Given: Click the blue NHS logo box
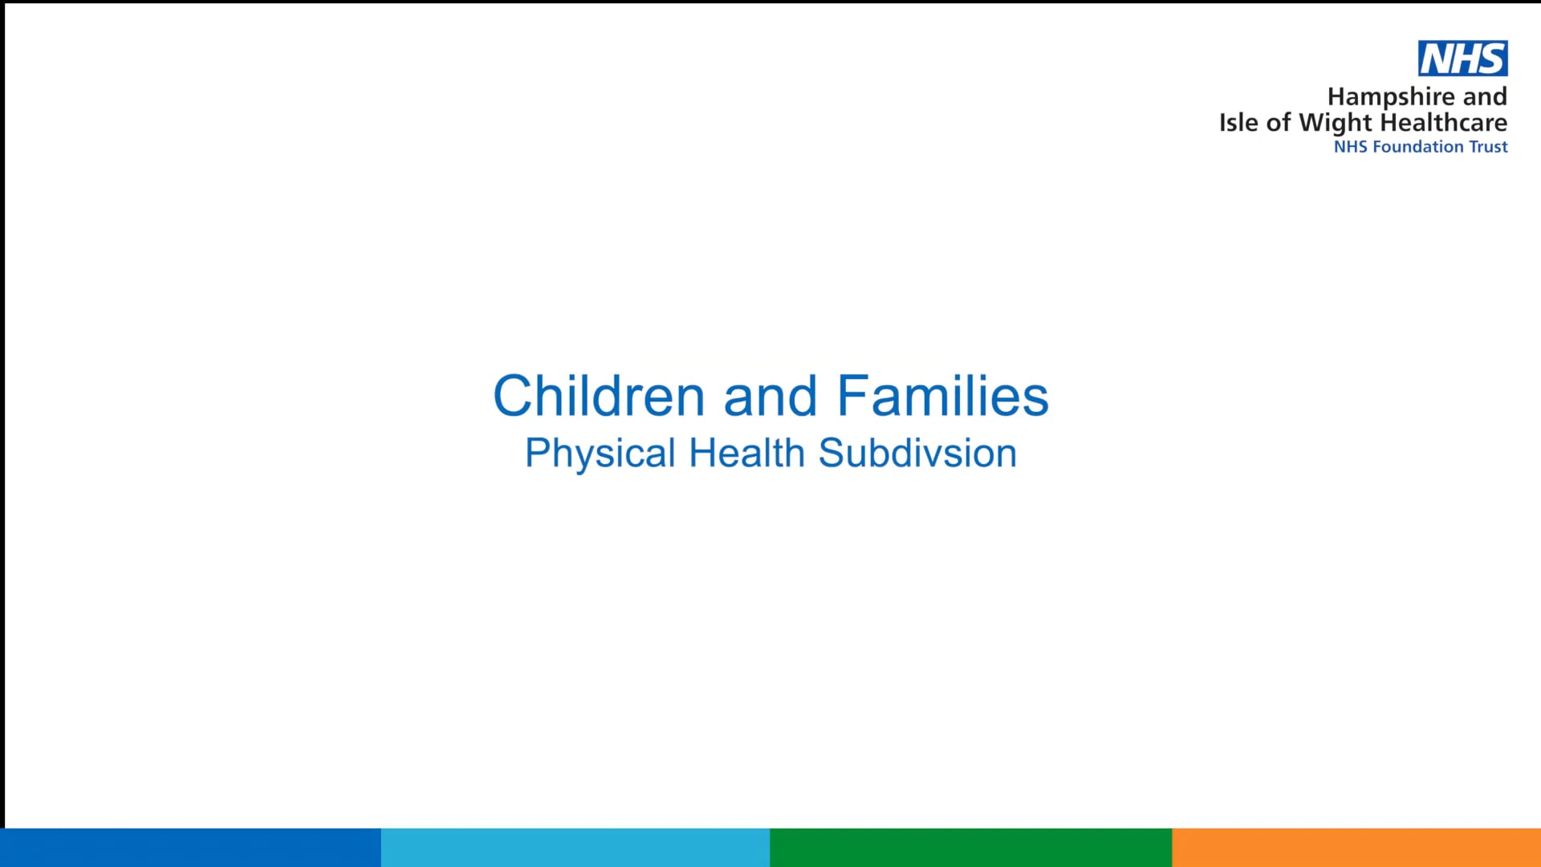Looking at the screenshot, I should (1462, 59).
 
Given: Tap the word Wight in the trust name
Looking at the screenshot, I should (1336, 123).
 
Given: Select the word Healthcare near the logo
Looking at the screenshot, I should (1443, 122).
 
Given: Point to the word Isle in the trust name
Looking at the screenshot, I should (1238, 122).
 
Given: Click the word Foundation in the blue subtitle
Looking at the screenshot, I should (1417, 147).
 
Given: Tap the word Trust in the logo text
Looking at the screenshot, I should (1488, 147).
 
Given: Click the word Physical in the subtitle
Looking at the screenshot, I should (600, 454).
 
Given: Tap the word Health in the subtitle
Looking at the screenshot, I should (746, 453).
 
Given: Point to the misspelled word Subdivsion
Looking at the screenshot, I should (917, 453).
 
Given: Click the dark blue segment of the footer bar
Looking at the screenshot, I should (190, 848).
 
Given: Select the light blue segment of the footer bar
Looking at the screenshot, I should (575, 848).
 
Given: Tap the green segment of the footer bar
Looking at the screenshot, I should (970, 848).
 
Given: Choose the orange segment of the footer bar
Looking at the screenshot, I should (1356, 848).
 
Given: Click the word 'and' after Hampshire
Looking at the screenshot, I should (1484, 97).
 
